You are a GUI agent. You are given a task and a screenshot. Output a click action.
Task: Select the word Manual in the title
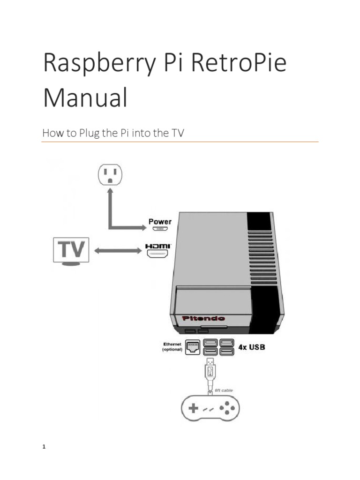coord(85,98)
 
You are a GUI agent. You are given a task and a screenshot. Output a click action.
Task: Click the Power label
coord(160,221)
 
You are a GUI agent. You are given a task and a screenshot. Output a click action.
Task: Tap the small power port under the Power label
coord(160,229)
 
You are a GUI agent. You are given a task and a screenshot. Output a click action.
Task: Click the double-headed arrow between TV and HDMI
coord(118,251)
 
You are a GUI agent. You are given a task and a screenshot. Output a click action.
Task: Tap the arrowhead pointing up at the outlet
coord(110,192)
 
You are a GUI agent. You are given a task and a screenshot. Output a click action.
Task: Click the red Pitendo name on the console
coord(200,319)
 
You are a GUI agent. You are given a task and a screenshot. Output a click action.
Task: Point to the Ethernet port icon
coord(192,347)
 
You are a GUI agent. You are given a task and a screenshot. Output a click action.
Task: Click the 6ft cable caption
coord(223,390)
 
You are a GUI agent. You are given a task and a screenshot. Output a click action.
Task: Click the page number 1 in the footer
coord(44,447)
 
